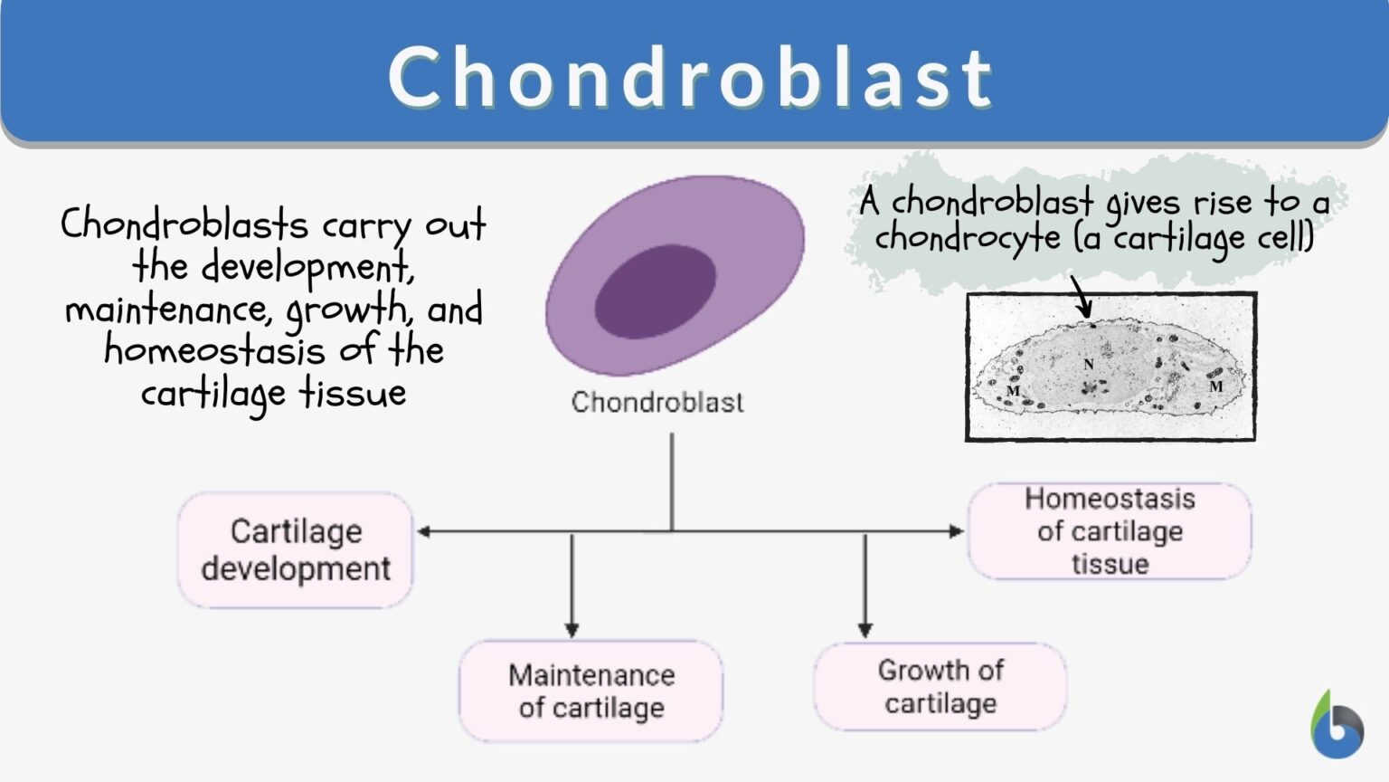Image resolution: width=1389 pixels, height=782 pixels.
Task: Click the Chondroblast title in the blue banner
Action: coord(691,77)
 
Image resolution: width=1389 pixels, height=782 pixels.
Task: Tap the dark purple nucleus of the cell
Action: coord(655,291)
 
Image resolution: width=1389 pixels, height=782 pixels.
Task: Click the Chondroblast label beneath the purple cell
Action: coord(657,402)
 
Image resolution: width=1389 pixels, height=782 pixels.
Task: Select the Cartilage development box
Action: coord(296,549)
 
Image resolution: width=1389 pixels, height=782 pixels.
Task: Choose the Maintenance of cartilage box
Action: coord(591,691)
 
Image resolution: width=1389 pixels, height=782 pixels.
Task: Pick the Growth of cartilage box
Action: coord(940,686)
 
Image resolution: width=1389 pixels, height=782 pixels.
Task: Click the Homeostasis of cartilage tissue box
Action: coord(1110,531)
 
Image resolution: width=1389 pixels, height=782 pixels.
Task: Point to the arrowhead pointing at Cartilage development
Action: coord(423,531)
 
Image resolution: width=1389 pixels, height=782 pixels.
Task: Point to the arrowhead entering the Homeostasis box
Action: coord(957,531)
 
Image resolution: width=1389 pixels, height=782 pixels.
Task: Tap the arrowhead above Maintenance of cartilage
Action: coord(572,630)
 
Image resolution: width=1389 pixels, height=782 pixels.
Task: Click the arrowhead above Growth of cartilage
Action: coord(865,630)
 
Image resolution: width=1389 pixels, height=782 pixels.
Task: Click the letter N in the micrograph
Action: coord(1089,364)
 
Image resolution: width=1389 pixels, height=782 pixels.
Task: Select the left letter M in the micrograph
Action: coord(1013,391)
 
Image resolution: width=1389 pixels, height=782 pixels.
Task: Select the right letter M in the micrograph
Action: coord(1216,386)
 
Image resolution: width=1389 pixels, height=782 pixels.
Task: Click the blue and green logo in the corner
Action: coord(1337,726)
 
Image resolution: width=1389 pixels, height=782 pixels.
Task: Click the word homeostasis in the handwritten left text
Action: coord(214,350)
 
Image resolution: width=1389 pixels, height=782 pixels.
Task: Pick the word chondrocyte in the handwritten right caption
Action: coord(967,238)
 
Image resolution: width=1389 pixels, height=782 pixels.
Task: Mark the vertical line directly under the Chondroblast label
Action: coord(672,480)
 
